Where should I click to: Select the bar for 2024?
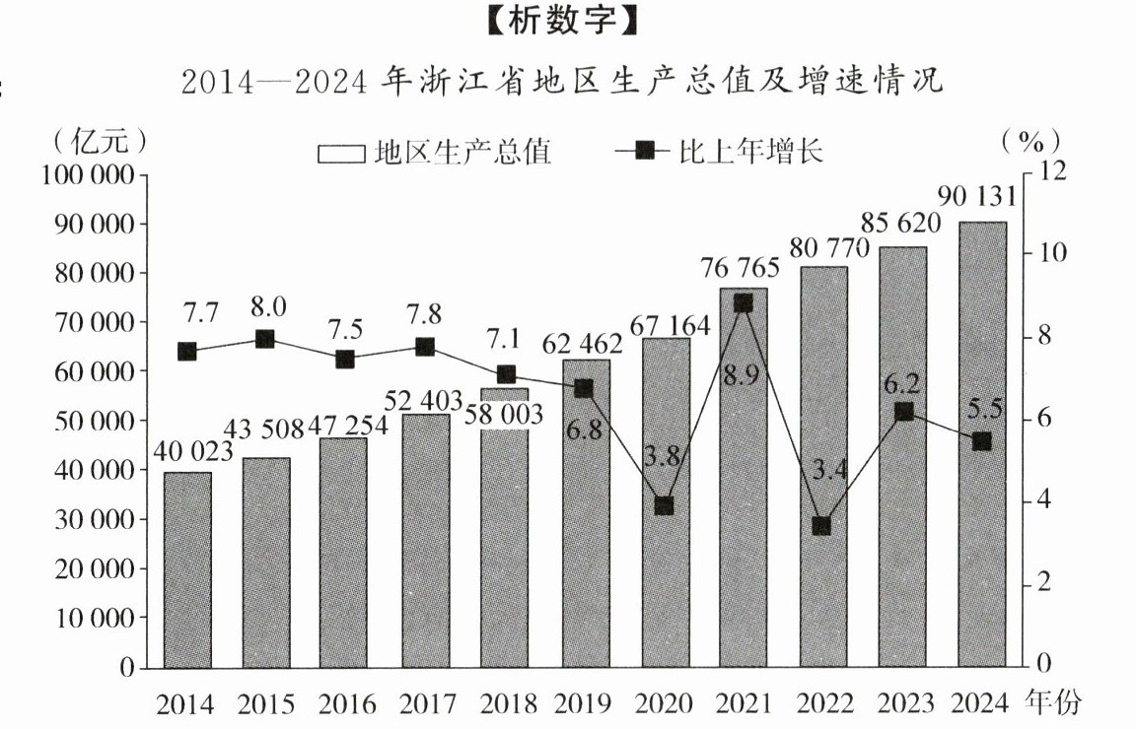(982, 444)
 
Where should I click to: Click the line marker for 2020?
(664, 505)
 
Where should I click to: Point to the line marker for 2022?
(822, 525)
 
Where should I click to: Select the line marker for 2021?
(744, 303)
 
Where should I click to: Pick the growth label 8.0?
(267, 307)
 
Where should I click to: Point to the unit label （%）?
(1030, 141)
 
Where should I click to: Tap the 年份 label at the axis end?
(1053, 703)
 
